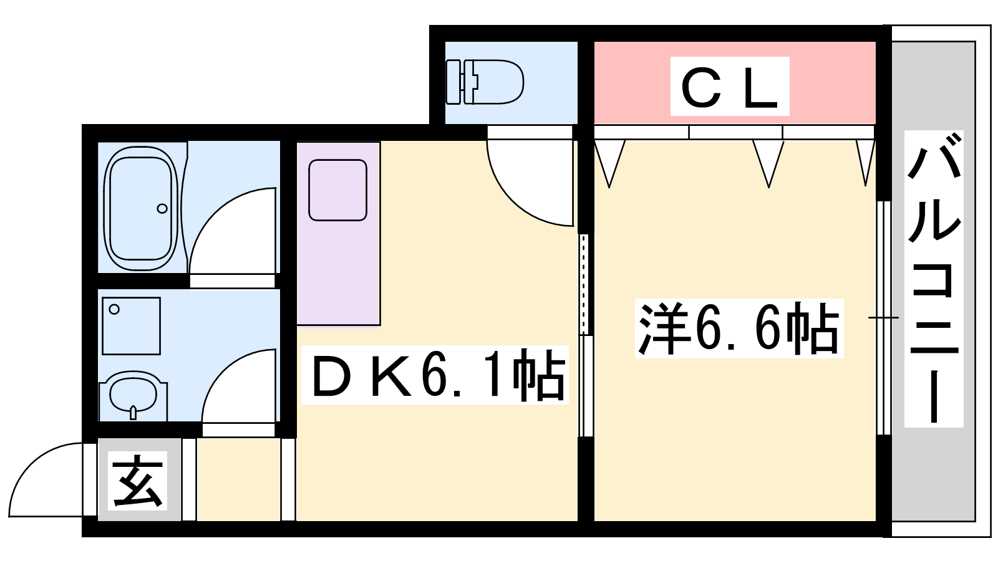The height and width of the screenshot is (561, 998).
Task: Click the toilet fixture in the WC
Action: coord(485,82)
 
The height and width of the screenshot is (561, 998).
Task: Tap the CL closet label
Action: coord(730,87)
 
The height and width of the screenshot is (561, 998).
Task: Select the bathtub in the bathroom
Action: coord(141,208)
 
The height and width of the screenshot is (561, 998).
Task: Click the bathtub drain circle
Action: coord(162,208)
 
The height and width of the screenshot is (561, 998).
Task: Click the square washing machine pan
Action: coord(131,326)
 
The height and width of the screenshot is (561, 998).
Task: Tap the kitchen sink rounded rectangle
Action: coord(337,190)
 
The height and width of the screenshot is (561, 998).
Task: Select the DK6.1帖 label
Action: coord(435,375)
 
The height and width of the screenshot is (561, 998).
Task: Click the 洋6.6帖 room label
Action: coord(739,328)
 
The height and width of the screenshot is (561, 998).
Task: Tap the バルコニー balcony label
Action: coord(934,279)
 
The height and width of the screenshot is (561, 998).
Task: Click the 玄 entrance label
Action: coord(137,481)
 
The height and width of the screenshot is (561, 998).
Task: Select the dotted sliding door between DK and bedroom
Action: coord(584,284)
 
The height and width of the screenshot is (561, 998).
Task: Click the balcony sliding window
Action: coord(883,318)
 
